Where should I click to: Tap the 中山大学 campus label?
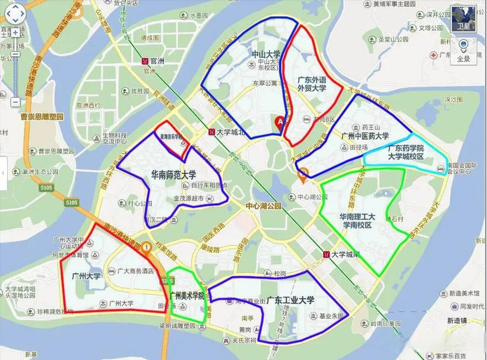pyautogui.click(x=266, y=54)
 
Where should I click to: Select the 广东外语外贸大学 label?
pyautogui.click(x=312, y=84)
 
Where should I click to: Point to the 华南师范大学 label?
pyautogui.click(x=173, y=175)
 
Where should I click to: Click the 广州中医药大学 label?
pyautogui.click(x=365, y=136)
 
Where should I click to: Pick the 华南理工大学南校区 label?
pyautogui.click(x=357, y=221)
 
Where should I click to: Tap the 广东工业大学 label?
pyautogui.click(x=290, y=300)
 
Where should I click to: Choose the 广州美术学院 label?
pyautogui.click(x=187, y=296)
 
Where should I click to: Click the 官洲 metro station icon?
pyautogui.click(x=145, y=61)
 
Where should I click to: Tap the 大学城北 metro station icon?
pyautogui.click(x=212, y=132)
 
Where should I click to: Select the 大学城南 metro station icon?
pyautogui.click(x=326, y=255)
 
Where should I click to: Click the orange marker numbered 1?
pyautogui.click(x=146, y=247)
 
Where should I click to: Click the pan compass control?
pyautogui.click(x=15, y=13)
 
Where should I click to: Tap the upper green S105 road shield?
pyautogui.click(x=46, y=188)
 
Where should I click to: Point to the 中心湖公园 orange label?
pyautogui.click(x=263, y=206)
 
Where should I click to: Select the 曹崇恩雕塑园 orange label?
pyautogui.click(x=42, y=116)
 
